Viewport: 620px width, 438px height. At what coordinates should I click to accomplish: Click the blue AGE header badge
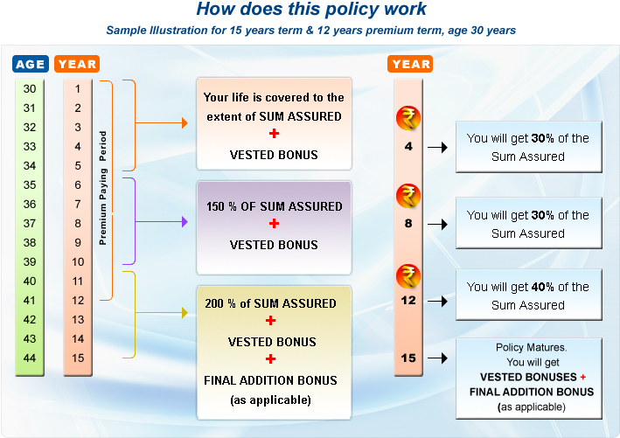[31, 64]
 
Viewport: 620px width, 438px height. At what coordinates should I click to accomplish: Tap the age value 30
[30, 89]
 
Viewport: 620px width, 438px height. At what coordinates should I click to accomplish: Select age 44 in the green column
[30, 358]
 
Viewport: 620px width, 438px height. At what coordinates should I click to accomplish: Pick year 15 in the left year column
[78, 358]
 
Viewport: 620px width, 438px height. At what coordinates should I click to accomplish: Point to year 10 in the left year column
[78, 261]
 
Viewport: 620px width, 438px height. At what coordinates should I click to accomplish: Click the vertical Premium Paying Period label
[102, 188]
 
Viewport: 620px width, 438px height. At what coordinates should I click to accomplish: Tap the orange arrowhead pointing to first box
[184, 124]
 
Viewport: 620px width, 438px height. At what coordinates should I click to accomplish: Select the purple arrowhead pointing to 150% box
[184, 222]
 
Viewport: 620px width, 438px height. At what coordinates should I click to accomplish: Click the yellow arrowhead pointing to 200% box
[184, 312]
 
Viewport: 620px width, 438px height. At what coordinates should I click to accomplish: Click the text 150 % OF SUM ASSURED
[274, 206]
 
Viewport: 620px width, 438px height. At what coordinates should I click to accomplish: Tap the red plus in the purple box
[274, 225]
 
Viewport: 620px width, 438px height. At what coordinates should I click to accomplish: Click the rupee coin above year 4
[408, 117]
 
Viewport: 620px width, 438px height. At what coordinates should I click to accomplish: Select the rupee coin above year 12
[408, 276]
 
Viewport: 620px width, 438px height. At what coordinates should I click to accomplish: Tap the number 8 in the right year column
[408, 223]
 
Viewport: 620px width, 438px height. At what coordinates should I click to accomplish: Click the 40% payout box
[527, 295]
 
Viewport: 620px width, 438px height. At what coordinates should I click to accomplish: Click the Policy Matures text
[527, 347]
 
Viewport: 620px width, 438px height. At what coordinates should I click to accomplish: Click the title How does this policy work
[310, 10]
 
